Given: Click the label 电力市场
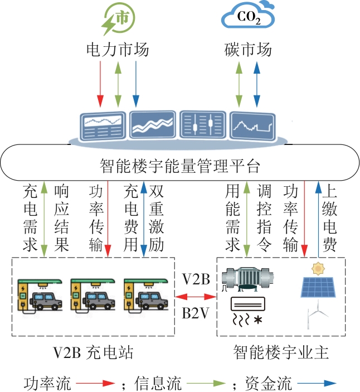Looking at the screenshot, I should point(118,50).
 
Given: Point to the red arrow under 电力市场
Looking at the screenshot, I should point(100,84).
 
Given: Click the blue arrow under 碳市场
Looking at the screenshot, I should point(257,84).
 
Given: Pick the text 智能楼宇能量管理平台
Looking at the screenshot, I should point(180,165).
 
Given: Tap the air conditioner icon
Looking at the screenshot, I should point(249,304).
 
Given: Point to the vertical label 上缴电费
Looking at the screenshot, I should point(333,218).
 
